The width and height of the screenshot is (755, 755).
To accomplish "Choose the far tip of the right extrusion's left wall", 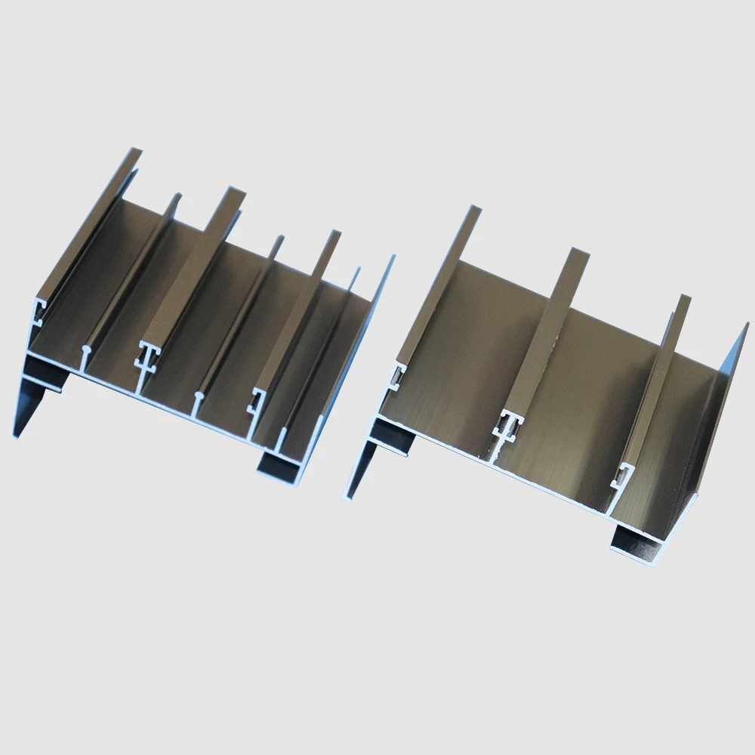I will [x=474, y=211].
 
